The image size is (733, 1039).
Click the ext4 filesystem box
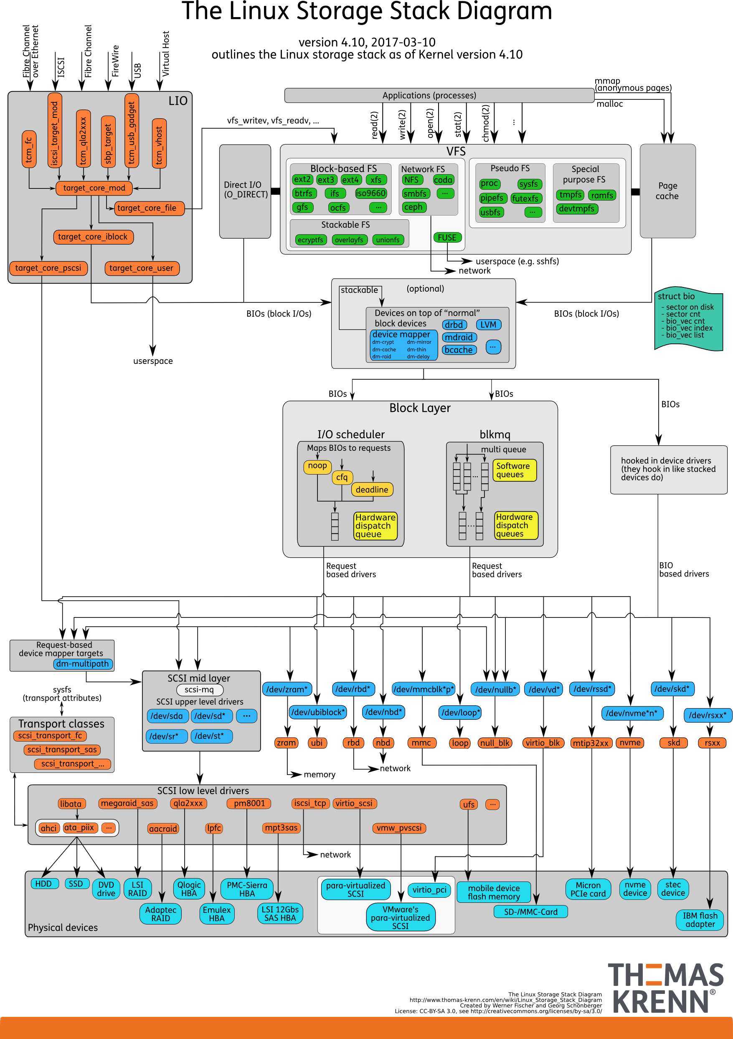350,180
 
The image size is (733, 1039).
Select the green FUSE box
447,237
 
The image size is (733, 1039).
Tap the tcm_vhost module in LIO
159,143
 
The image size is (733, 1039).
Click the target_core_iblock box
93,237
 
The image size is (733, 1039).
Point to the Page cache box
667,191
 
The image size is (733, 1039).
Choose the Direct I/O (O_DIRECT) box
245,190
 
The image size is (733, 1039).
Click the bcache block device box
458,350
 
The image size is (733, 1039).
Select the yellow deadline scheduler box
372,489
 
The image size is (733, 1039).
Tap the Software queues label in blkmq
514,470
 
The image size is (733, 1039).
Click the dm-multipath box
83,664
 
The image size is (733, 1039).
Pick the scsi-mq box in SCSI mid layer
200,690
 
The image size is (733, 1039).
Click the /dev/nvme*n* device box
632,713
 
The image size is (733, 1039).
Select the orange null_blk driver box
495,743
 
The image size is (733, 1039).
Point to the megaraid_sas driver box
128,803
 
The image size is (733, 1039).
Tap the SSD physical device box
76,884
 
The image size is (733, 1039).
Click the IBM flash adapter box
700,920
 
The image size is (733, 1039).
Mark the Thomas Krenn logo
666,988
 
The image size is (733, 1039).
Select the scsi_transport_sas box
62,749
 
